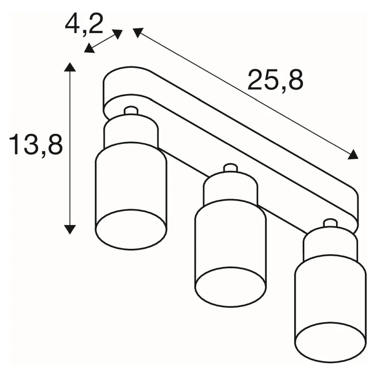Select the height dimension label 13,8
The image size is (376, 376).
[36, 144]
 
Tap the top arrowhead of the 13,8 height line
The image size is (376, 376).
[70, 67]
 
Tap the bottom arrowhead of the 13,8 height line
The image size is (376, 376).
[70, 229]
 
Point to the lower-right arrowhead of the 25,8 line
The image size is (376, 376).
[353, 155]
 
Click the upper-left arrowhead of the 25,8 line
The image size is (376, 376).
[138, 33]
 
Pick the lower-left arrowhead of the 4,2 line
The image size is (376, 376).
[89, 48]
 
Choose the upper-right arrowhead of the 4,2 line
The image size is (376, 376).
[117, 34]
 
